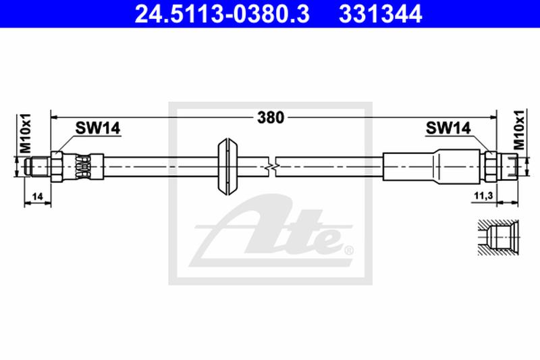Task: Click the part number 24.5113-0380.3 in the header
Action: [x=222, y=14]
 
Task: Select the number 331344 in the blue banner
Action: [x=380, y=14]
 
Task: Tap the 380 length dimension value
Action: [x=271, y=118]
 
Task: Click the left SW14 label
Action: [x=98, y=128]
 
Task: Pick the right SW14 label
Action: [x=448, y=128]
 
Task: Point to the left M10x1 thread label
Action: [x=26, y=133]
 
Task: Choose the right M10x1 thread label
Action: [x=518, y=130]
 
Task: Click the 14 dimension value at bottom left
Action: [x=37, y=197]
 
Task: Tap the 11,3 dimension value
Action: [x=483, y=196]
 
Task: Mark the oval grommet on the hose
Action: [x=227, y=167]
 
